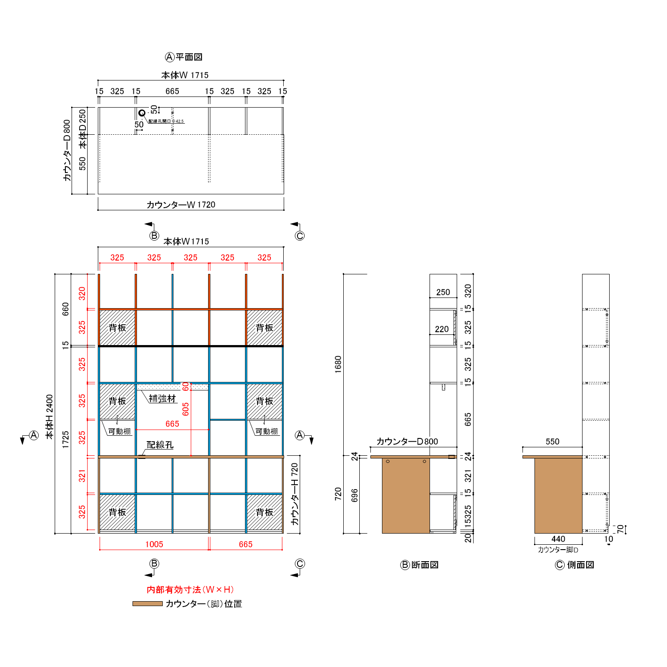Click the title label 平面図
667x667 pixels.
click(x=189, y=57)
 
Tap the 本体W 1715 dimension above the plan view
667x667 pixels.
click(x=185, y=75)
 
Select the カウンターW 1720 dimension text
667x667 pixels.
click(x=181, y=205)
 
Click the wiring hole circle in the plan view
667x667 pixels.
click(x=141, y=113)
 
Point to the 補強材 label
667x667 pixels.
click(x=162, y=398)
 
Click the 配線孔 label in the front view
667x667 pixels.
click(x=160, y=445)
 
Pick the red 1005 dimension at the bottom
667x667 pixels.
click(x=154, y=544)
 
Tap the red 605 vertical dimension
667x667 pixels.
click(x=185, y=409)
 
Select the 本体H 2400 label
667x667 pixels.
click(x=50, y=417)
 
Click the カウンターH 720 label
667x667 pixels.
click(x=295, y=494)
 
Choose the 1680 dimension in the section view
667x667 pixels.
click(x=338, y=364)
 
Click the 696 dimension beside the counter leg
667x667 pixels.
click(x=355, y=495)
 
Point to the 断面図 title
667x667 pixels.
click(x=425, y=565)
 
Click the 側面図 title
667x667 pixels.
click(x=580, y=565)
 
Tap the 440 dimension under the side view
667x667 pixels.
click(x=559, y=539)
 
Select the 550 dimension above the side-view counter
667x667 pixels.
click(x=552, y=442)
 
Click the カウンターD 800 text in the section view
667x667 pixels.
click(x=407, y=442)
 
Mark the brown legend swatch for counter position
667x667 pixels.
click(x=148, y=604)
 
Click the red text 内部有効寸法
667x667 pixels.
click(x=174, y=590)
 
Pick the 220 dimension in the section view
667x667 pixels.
click(x=442, y=329)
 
